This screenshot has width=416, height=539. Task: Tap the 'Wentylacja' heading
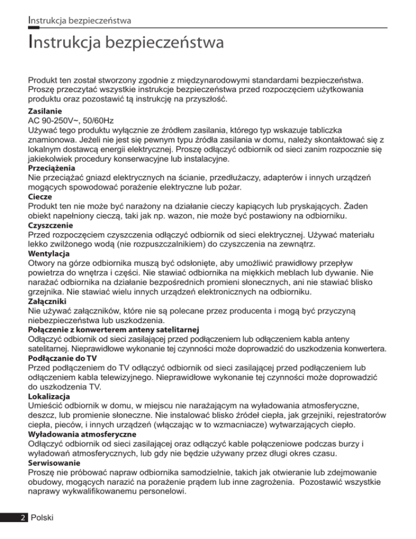point(47,268)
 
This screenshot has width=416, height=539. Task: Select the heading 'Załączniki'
point(47,316)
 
